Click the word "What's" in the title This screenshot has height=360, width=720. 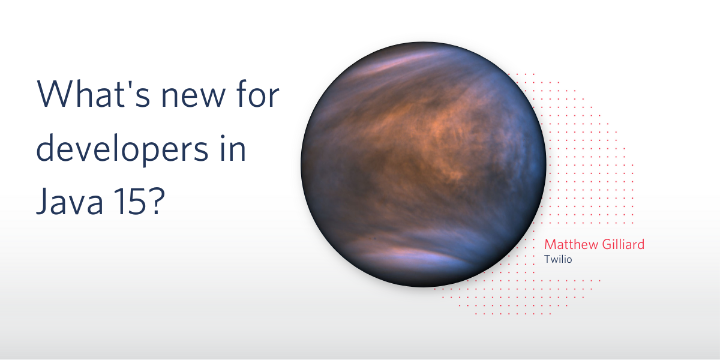tap(94, 93)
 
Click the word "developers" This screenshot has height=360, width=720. tap(122, 148)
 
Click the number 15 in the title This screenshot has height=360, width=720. tap(131, 201)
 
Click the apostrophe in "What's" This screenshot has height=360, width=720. tap(128, 84)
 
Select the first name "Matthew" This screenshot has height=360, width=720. tap(571, 245)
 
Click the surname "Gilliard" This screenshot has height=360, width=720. tap(623, 244)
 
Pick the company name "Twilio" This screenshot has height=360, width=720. tap(558, 259)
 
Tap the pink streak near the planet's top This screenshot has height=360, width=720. tap(402, 62)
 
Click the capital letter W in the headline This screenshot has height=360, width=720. tap(56, 93)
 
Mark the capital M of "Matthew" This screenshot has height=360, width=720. tap(550, 245)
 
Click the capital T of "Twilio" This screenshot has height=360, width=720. tap(547, 259)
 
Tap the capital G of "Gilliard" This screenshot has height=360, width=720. tap(607, 245)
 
